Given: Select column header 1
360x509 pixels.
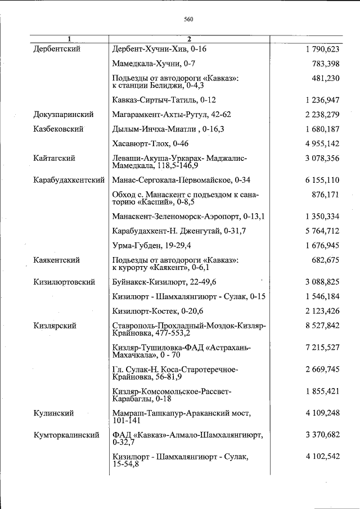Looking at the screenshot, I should pos(69,39).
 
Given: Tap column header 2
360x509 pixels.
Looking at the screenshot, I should pos(190,39).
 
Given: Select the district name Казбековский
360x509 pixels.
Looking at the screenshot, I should pos(58,129).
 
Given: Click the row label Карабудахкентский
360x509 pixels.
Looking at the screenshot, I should pos(69,181).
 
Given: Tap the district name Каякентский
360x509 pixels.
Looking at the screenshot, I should pos(56,260).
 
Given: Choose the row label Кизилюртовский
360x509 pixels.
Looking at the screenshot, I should pos(64,282).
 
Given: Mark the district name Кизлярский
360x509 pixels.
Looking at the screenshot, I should pos(55,326).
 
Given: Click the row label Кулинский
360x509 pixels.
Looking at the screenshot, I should pos(53,413).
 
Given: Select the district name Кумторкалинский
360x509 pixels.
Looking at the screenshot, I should pos(66,435).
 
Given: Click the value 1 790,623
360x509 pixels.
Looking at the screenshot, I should pos(322,49).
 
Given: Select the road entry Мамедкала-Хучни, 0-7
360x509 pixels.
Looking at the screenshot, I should pos(154,64).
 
